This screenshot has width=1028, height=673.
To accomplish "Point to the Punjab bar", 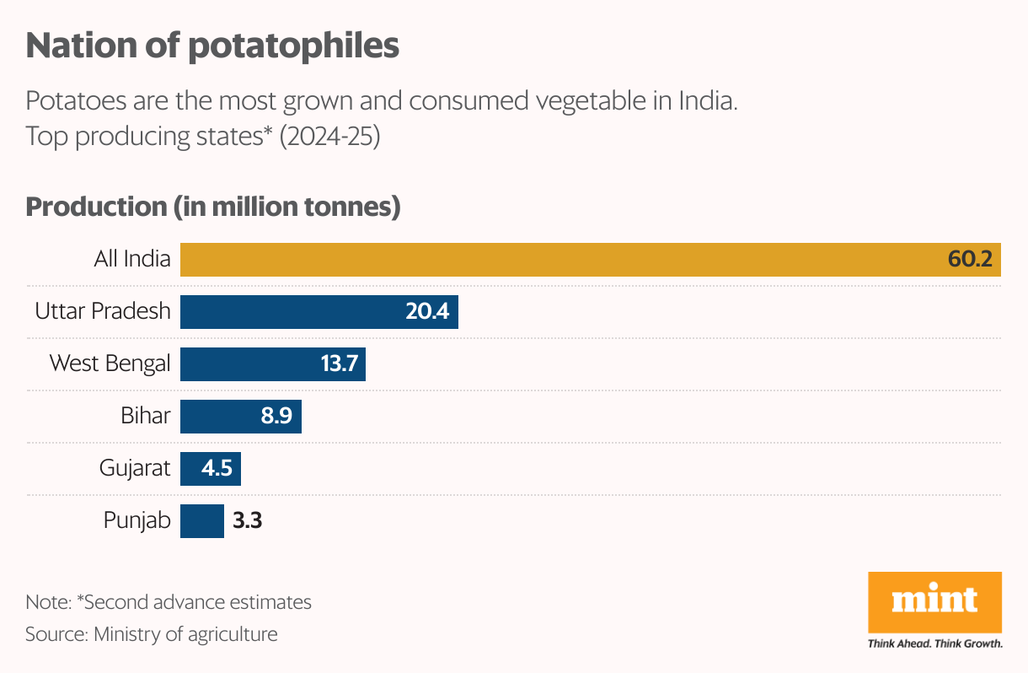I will [202, 521].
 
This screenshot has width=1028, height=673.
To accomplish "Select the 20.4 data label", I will [427, 312].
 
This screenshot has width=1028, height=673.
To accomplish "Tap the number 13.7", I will [339, 364].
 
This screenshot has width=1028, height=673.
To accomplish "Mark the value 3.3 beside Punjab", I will [247, 521].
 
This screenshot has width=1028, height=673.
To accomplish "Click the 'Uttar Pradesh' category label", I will [103, 311].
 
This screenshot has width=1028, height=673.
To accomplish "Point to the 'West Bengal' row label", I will [110, 363].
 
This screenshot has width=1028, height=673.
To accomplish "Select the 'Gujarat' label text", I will [135, 468].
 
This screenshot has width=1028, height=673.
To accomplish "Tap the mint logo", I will [934, 600].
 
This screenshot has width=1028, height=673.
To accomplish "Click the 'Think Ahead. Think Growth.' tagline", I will [934, 643].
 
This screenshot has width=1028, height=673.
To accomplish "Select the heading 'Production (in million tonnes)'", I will [212, 207].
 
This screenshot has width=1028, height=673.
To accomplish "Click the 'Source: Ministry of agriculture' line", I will [152, 633].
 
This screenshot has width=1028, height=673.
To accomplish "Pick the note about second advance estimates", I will [169, 602].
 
